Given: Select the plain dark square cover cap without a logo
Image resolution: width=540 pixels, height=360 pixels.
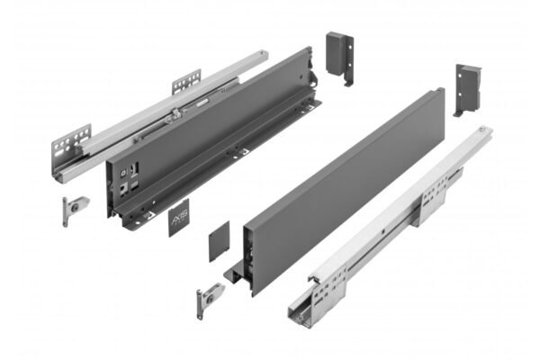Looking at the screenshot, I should tap(221, 243).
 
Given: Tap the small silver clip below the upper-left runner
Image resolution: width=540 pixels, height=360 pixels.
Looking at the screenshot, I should tap(67, 211).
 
